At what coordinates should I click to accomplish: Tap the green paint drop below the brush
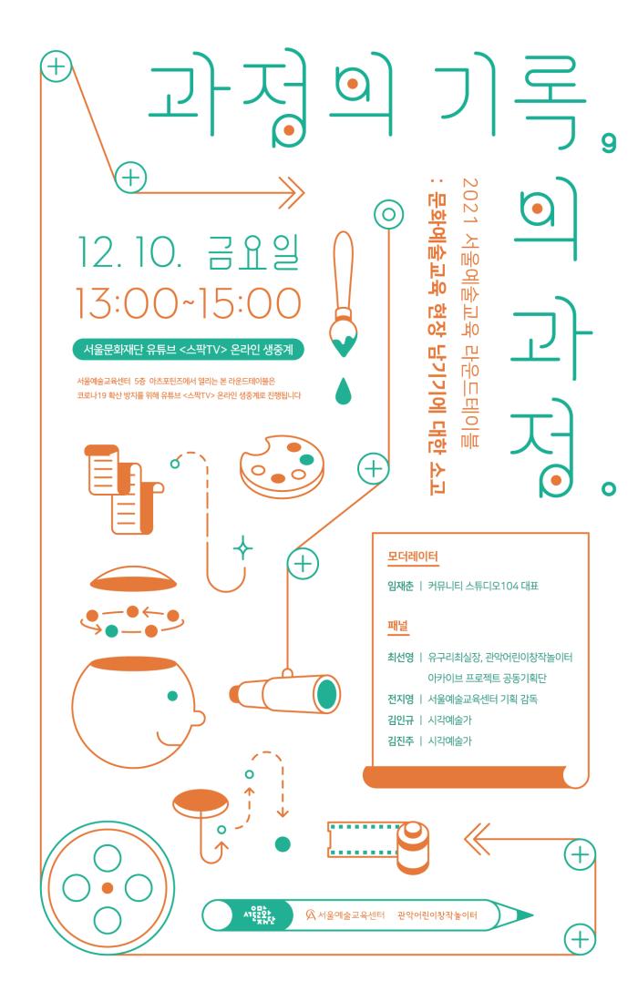pos(342,392)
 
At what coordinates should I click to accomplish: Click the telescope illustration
pos(286,692)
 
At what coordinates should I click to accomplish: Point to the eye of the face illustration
pos(172,696)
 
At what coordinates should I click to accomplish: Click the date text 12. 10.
pos(129,252)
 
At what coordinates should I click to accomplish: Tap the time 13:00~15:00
pos(189,302)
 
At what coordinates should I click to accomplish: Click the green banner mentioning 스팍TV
pos(189,349)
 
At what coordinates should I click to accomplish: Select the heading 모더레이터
pos(412,557)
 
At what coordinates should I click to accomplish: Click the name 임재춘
pos(399,586)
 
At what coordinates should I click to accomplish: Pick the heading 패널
pos(397,627)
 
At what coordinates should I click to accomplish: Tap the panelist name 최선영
pos(399,658)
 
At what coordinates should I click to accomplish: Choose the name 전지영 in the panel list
pos(399,699)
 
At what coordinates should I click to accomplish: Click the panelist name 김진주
pos(399,741)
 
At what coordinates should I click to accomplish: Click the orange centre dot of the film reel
pos(108,888)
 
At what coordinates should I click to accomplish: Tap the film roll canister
pos(414,846)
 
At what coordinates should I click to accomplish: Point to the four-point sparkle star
pos(242,548)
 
